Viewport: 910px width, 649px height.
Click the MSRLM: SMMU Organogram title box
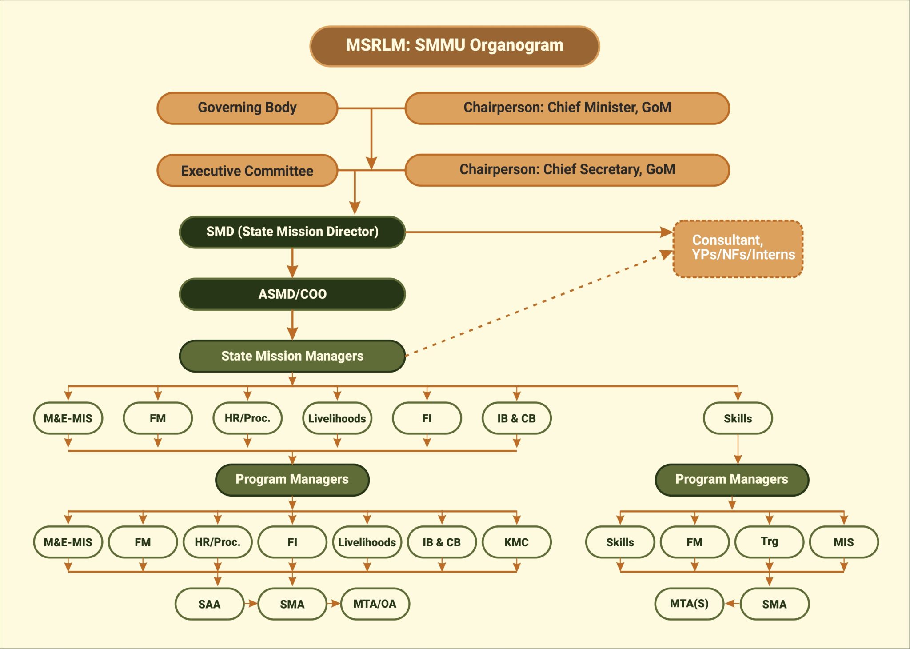point(455,46)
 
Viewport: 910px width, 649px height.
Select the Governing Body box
point(247,108)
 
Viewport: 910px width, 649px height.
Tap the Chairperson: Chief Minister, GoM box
point(567,108)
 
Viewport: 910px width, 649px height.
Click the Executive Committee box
point(247,171)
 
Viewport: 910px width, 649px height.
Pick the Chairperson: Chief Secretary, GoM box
point(567,170)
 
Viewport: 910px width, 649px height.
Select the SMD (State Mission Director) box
point(292,232)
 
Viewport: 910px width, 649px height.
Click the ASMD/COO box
point(292,294)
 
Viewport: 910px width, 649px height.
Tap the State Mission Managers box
point(292,356)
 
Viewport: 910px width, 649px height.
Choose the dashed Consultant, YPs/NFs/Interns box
point(738,249)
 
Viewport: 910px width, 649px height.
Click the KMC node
point(516,542)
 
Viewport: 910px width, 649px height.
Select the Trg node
point(769,542)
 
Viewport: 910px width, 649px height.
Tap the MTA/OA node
point(375,604)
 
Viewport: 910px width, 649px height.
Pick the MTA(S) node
point(689,604)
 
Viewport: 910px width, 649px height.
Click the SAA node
point(209,604)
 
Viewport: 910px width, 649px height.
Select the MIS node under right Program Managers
point(843,542)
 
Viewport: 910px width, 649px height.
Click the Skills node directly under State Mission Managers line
point(738,418)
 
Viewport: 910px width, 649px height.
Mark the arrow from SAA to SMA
point(251,604)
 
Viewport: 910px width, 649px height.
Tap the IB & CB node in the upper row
point(516,418)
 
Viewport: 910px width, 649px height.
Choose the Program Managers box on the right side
point(732,480)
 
